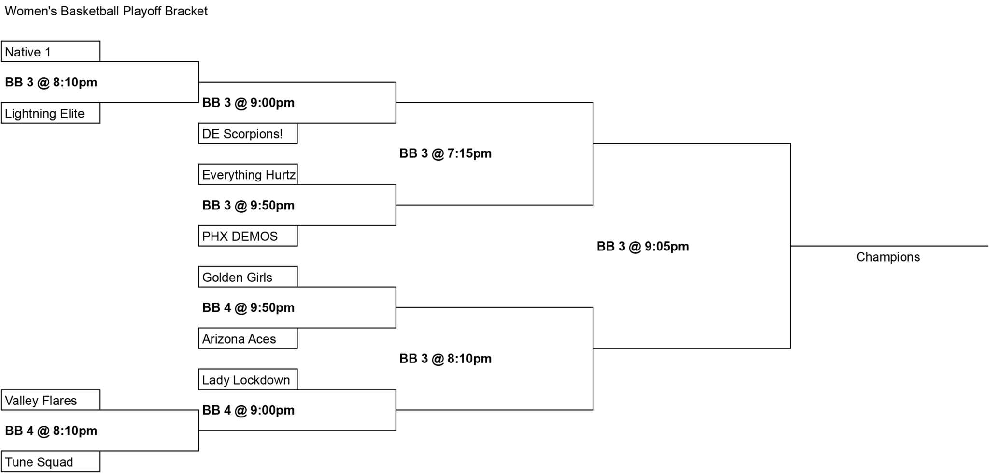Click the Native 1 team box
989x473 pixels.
(51, 51)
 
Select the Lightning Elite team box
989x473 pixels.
(51, 113)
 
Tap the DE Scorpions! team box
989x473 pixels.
(248, 133)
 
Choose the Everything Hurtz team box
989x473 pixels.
(248, 174)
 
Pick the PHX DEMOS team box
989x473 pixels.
(248, 236)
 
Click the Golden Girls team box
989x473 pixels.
(248, 277)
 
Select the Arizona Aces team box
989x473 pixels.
(248, 338)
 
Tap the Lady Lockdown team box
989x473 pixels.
(248, 379)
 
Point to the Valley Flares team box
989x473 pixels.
(51, 400)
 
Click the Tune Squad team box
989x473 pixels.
(51, 461)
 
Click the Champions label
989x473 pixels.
(888, 257)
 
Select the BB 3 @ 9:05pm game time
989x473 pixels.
(643, 246)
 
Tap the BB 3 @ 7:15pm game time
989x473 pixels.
(445, 153)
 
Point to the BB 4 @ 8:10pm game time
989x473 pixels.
(51, 431)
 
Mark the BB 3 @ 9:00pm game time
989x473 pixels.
(248, 103)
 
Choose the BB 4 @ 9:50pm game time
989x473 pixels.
(248, 307)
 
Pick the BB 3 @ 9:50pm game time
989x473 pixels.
(248, 205)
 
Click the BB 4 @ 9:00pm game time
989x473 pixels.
(248, 410)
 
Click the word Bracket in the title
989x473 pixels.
(186, 11)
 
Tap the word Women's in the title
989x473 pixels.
(31, 11)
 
